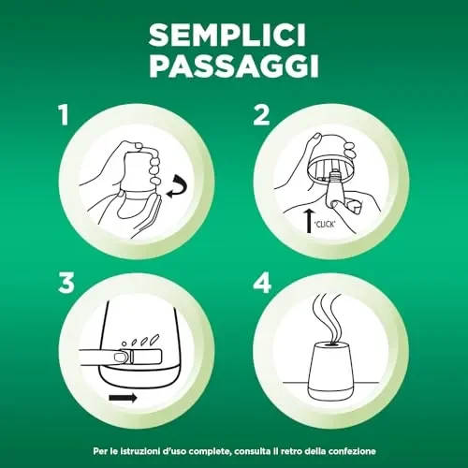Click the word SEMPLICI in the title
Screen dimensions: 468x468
pos(234,36)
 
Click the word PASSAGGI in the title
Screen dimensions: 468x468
pos(234,67)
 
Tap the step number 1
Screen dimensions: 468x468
pos(64,116)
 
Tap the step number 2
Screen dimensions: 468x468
pos(263,116)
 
